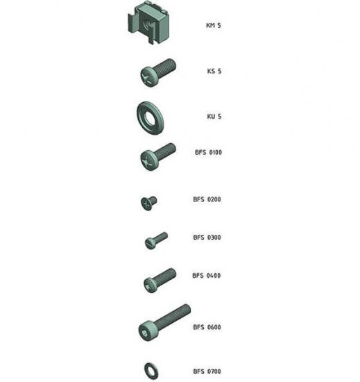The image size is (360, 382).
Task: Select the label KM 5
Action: (x=214, y=26)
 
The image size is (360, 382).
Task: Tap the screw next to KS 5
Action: (x=159, y=72)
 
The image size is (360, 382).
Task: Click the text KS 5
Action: (x=214, y=71)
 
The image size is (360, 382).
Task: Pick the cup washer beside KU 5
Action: (x=148, y=117)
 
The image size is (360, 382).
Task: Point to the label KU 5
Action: (x=214, y=116)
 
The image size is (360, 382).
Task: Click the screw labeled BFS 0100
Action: (x=157, y=156)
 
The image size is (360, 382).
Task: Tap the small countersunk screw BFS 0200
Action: (x=148, y=201)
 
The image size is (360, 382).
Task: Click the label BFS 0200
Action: (x=207, y=199)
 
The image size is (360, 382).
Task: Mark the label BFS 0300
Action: (x=207, y=238)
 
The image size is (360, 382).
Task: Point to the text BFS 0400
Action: (x=207, y=276)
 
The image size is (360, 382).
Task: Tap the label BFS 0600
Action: (x=207, y=327)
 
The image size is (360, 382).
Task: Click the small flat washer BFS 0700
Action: (x=150, y=367)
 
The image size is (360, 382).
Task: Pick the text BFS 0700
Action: (x=207, y=372)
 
